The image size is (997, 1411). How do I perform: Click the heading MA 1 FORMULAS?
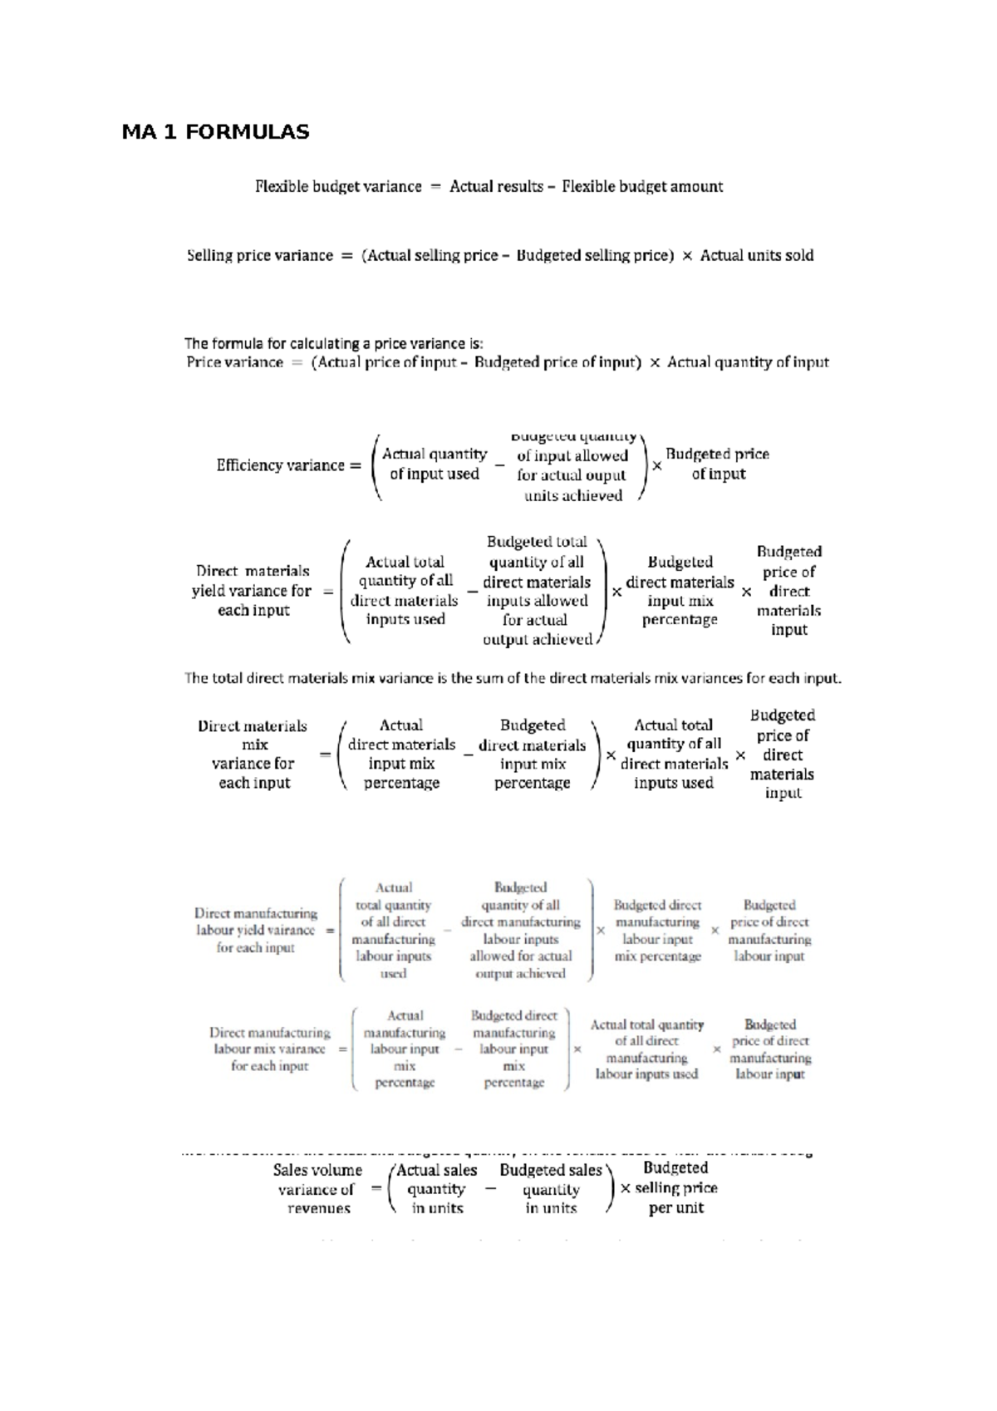pyautogui.click(x=215, y=131)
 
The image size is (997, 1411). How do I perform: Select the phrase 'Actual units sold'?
pyautogui.click(x=756, y=256)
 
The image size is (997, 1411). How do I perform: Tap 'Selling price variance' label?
pyautogui.click(x=259, y=256)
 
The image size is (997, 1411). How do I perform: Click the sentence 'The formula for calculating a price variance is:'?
pyautogui.click(x=333, y=343)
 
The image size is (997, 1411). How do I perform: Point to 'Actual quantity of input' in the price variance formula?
pyautogui.click(x=748, y=362)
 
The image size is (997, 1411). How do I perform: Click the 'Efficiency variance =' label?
pyautogui.click(x=288, y=465)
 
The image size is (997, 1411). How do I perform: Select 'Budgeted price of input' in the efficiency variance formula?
pyautogui.click(x=717, y=465)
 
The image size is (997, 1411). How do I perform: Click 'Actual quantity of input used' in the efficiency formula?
pyautogui.click(x=434, y=465)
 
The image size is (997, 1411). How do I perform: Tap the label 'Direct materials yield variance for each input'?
pyautogui.click(x=253, y=591)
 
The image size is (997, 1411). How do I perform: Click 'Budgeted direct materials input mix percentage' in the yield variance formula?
pyautogui.click(x=680, y=591)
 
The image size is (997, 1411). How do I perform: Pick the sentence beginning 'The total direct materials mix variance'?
pyautogui.click(x=513, y=678)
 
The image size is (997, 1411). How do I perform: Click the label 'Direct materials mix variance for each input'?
pyautogui.click(x=253, y=755)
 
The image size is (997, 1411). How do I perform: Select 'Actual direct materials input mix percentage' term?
pyautogui.click(x=401, y=755)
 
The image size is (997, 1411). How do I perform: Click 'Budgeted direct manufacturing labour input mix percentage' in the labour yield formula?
pyautogui.click(x=657, y=931)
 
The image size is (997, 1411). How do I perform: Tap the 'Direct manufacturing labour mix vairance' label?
pyautogui.click(x=269, y=1050)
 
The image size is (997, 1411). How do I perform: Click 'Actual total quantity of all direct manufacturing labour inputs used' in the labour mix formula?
pyautogui.click(x=646, y=1050)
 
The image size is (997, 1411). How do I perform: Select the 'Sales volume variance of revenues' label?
pyautogui.click(x=317, y=1189)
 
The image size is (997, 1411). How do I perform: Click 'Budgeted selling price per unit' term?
pyautogui.click(x=675, y=1188)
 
